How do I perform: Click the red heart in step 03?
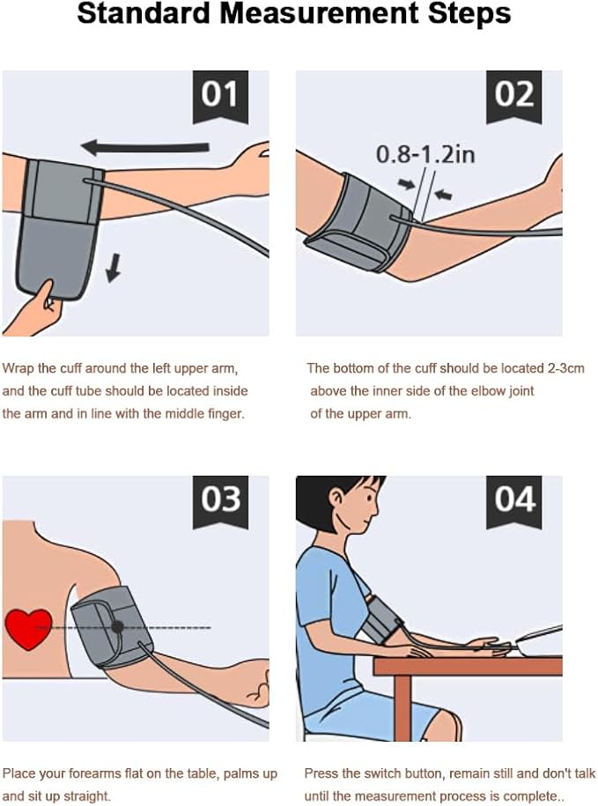pos(28,628)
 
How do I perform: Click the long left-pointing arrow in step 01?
pos(145,146)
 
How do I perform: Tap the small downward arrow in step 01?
pos(113,269)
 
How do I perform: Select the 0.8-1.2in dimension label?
pos(425,155)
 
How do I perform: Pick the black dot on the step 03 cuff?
pos(117,626)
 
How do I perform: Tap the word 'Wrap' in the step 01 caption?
pos(17,368)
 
